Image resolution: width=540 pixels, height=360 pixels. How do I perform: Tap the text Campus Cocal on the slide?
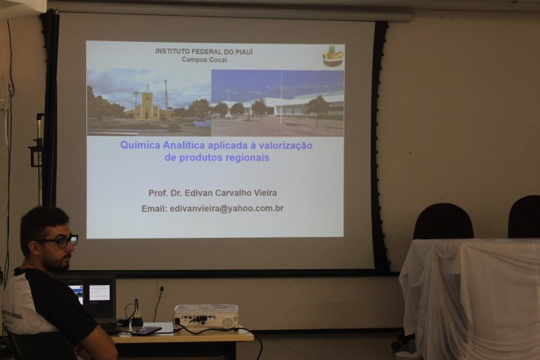(204, 59)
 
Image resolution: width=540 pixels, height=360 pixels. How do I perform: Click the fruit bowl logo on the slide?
(333, 56)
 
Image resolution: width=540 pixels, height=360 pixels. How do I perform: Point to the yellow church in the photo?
(147, 105)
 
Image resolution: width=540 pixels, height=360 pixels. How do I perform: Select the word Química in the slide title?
(140, 145)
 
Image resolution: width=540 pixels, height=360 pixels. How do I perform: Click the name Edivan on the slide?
(198, 193)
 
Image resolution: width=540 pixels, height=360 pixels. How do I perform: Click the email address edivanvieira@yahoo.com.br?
(226, 208)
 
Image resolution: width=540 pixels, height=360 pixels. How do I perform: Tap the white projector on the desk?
(205, 316)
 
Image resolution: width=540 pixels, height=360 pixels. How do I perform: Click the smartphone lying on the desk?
(146, 331)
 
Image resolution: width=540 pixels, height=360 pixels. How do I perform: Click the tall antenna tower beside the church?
(166, 94)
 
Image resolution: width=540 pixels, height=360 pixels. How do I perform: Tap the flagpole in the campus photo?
(281, 97)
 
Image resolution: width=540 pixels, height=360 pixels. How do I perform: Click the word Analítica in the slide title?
(184, 145)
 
